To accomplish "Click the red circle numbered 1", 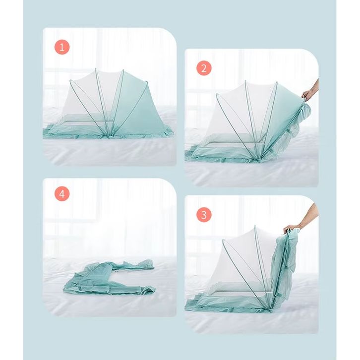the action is point(62,47).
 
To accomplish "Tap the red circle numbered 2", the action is point(204,68).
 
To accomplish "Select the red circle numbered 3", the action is point(204,215).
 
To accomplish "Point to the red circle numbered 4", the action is point(62,194).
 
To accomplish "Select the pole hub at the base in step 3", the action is point(270,308).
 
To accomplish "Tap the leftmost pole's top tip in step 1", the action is point(71,81).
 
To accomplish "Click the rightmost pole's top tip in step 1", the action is point(147,82).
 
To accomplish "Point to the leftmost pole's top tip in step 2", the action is point(217,94).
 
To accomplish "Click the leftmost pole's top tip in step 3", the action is point(224,240).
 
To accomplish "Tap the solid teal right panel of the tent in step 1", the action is point(135,108).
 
